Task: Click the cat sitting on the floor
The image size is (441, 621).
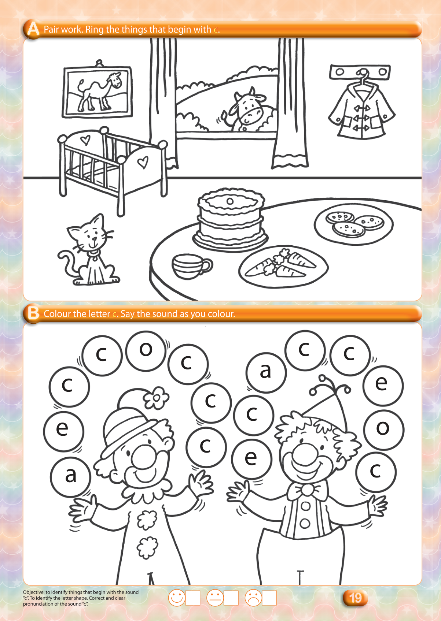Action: click(88, 251)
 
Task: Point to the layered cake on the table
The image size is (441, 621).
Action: click(230, 219)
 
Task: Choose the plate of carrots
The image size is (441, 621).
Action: click(283, 267)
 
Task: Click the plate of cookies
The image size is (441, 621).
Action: click(354, 224)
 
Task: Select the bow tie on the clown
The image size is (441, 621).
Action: click(307, 490)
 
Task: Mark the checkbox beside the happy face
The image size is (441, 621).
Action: click(192, 598)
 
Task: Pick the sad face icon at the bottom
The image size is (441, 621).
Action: click(253, 598)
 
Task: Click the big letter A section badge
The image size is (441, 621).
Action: click(33, 29)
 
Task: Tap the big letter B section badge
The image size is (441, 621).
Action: click(33, 313)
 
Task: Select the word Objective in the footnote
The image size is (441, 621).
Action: click(34, 592)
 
